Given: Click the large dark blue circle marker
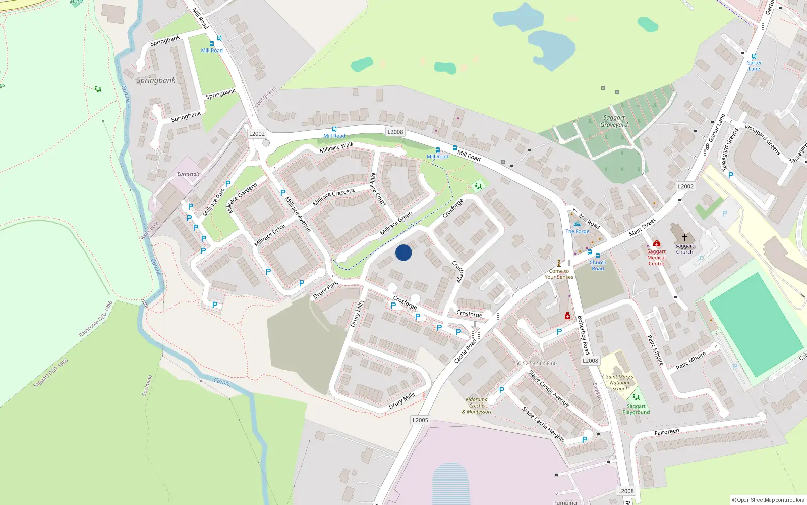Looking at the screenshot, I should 403,252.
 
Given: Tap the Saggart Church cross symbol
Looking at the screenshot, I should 684,237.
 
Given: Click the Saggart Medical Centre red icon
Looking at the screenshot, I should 656,243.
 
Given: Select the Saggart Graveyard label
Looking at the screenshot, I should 614,121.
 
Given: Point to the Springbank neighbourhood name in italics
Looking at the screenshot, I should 156,80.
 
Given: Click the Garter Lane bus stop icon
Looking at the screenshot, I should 754,57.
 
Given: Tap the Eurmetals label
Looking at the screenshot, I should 188,174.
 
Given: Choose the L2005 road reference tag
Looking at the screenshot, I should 420,420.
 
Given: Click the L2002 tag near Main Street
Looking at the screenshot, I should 685,186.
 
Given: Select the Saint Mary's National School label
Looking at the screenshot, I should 619,383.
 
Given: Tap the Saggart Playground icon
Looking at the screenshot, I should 636,397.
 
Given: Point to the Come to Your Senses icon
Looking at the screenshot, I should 559,263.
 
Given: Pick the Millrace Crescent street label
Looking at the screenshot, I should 333,197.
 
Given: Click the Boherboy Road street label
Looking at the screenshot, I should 584,334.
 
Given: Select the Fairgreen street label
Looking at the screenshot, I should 667,432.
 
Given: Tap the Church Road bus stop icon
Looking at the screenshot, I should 598,256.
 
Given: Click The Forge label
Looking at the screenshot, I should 578,231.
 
